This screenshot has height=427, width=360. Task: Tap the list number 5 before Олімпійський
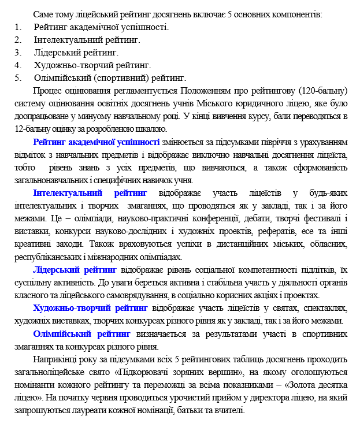pos(18,77)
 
